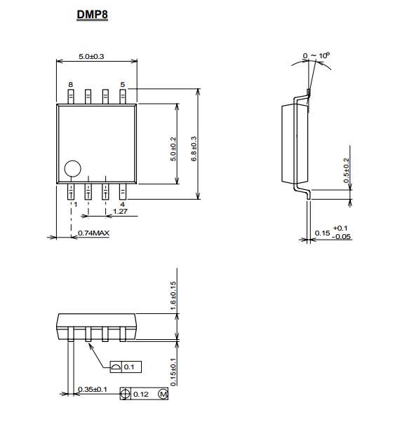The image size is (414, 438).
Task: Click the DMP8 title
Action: (92, 15)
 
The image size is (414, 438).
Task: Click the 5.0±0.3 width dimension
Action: (91, 57)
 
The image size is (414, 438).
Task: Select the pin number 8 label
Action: (70, 84)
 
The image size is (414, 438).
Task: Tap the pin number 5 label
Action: (123, 84)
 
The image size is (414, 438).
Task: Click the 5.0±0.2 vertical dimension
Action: (173, 149)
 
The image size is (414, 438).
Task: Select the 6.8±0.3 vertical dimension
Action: (194, 149)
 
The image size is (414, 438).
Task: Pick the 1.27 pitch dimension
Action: (120, 211)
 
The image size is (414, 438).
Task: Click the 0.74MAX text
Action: (93, 233)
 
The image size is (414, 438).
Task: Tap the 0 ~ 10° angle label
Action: (316, 55)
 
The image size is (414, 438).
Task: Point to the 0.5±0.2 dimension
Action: (347, 170)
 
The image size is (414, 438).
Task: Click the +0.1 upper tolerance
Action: (340, 228)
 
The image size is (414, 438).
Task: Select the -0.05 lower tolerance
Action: (341, 237)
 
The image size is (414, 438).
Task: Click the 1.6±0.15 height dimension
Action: (173, 296)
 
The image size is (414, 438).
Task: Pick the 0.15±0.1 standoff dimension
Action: (173, 372)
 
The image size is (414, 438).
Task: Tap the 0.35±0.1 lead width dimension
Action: (93, 389)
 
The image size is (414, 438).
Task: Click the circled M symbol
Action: (163, 394)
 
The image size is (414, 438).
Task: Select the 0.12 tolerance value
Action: (141, 394)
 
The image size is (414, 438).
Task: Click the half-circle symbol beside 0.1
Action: (116, 367)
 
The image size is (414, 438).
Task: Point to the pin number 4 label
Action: (122, 205)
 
